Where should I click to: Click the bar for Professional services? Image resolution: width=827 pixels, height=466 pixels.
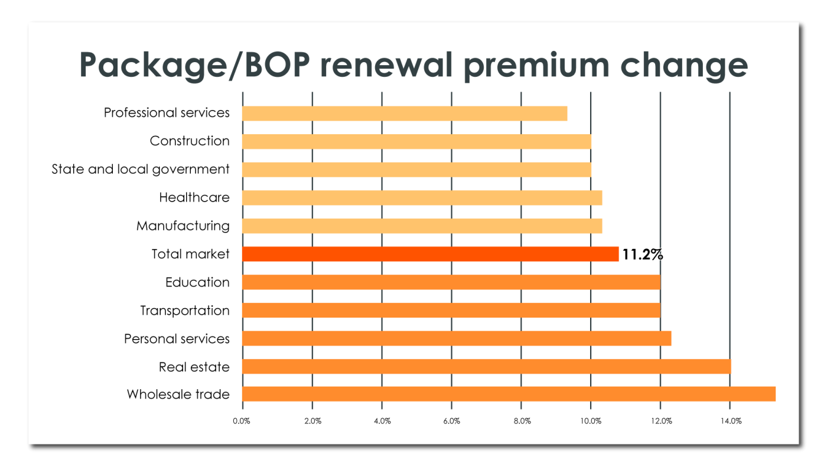[405, 113]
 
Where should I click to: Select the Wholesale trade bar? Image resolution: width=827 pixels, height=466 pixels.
[508, 394]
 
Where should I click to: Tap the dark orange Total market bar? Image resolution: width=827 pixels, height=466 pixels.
[430, 254]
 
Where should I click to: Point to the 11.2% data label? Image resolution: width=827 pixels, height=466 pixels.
[642, 255]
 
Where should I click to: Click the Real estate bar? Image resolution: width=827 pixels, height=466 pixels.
[486, 367]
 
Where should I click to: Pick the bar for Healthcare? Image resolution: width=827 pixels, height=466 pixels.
[422, 198]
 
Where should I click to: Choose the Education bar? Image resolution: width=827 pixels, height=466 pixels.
[451, 282]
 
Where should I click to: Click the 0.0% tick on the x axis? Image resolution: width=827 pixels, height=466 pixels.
[242, 421]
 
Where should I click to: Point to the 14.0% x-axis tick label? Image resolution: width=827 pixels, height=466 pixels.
[731, 421]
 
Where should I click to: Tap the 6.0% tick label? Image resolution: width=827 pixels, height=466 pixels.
[451, 421]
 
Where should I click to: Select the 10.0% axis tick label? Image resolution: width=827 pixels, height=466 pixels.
[591, 421]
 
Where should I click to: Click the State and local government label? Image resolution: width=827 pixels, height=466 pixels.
[141, 169]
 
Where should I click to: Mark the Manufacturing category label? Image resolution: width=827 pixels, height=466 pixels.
[183, 226]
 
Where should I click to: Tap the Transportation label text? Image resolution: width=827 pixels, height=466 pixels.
[185, 310]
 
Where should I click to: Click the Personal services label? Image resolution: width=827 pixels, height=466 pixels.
[177, 339]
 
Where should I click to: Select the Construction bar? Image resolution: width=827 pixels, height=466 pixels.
[416, 141]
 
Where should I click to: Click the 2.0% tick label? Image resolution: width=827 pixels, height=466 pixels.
[312, 421]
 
